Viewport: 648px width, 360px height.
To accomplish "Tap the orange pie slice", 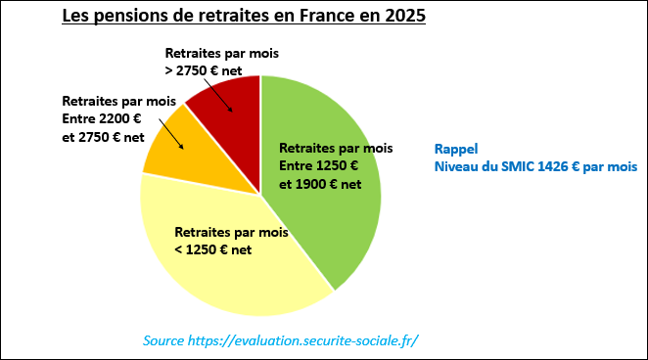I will click(162, 157).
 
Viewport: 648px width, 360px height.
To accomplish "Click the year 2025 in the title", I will click(404, 17).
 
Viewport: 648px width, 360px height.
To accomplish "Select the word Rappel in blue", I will click(455, 150).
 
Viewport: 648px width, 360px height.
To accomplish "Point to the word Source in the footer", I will click(163, 340).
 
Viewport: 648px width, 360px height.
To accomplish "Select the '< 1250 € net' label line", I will click(213, 249).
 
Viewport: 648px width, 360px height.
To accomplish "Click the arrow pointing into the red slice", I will click(227, 101).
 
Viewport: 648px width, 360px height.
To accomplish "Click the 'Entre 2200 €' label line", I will click(103, 118).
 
